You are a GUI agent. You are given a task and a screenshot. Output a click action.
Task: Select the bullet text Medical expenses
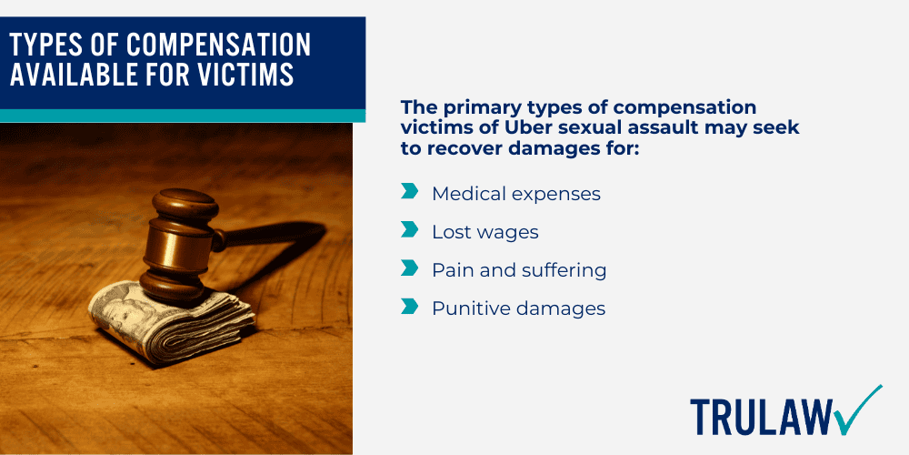tap(515, 194)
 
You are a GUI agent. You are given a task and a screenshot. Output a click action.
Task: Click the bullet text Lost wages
tap(484, 232)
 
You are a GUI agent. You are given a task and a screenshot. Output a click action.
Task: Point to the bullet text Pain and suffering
tap(519, 270)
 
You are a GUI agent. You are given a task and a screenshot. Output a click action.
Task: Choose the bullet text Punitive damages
tap(518, 308)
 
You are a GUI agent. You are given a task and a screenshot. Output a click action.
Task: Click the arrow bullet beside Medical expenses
tap(409, 192)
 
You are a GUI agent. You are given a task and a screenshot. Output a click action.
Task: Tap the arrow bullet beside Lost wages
tap(409, 231)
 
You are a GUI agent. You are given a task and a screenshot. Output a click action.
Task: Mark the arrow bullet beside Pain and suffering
tap(409, 269)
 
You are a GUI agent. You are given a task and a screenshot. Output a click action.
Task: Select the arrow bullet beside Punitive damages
tap(409, 308)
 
